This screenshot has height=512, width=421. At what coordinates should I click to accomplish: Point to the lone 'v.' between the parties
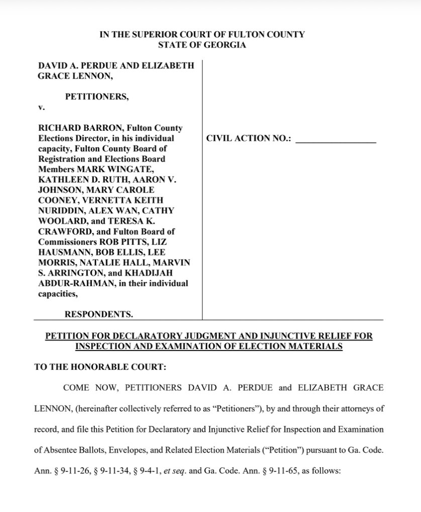[x=42, y=107]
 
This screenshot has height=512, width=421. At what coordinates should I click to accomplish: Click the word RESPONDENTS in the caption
[x=98, y=315]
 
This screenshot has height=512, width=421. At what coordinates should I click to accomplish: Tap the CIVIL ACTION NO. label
[x=249, y=139]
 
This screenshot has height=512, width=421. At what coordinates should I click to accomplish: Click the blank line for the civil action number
[x=336, y=139]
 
